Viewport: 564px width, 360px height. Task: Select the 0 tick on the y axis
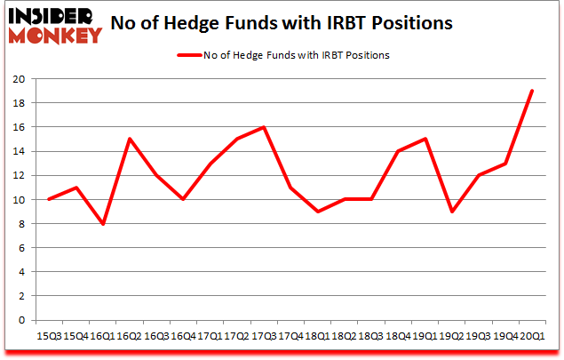tap(28, 320)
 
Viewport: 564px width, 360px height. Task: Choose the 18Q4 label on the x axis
tap(398, 336)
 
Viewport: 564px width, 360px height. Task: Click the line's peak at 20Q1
tap(532, 91)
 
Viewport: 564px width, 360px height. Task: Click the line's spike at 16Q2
tap(131, 139)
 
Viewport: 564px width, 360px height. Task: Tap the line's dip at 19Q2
tap(451, 212)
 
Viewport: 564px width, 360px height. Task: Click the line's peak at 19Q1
tap(425, 139)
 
